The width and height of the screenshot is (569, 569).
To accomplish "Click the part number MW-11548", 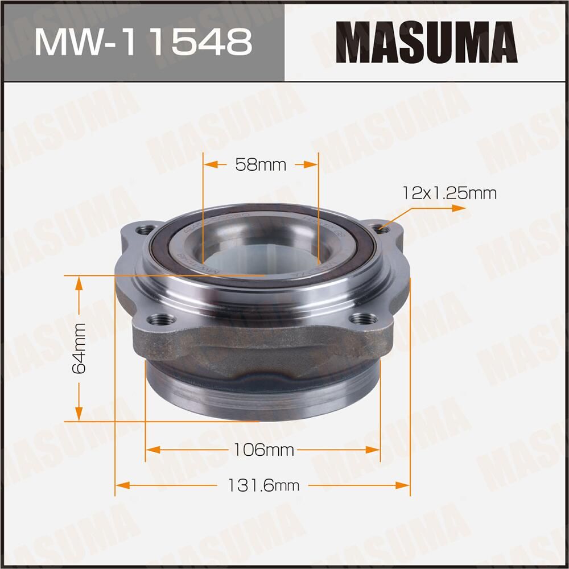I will point(142,41).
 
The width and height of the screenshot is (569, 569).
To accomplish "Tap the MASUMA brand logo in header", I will point(427,41).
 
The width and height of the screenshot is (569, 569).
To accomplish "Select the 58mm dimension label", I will point(261,165).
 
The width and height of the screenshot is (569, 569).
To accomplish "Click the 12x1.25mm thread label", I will point(449,193).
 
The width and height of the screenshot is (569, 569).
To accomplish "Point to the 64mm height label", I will point(79,348).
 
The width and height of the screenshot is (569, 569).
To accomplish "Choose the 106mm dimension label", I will point(263,450).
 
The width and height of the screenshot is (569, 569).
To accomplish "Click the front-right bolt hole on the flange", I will point(361,319).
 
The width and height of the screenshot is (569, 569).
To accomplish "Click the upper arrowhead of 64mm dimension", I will point(79,283).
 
